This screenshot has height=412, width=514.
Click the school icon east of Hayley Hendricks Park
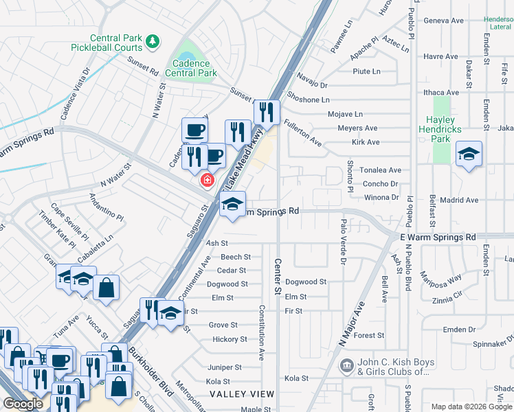(x=469, y=154)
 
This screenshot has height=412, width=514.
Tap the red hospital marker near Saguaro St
(x=205, y=180)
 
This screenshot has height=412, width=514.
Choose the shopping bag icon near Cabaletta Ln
(x=107, y=288)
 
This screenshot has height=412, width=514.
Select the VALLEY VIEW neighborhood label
(x=242, y=394)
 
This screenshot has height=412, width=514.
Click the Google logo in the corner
(x=23, y=404)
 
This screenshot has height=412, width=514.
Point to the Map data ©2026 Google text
(x=471, y=407)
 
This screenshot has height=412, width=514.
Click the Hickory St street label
(x=230, y=339)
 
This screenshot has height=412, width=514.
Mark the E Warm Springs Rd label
(x=438, y=237)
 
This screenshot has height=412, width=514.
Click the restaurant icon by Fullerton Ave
(x=267, y=112)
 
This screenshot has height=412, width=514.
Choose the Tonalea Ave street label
(x=381, y=170)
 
